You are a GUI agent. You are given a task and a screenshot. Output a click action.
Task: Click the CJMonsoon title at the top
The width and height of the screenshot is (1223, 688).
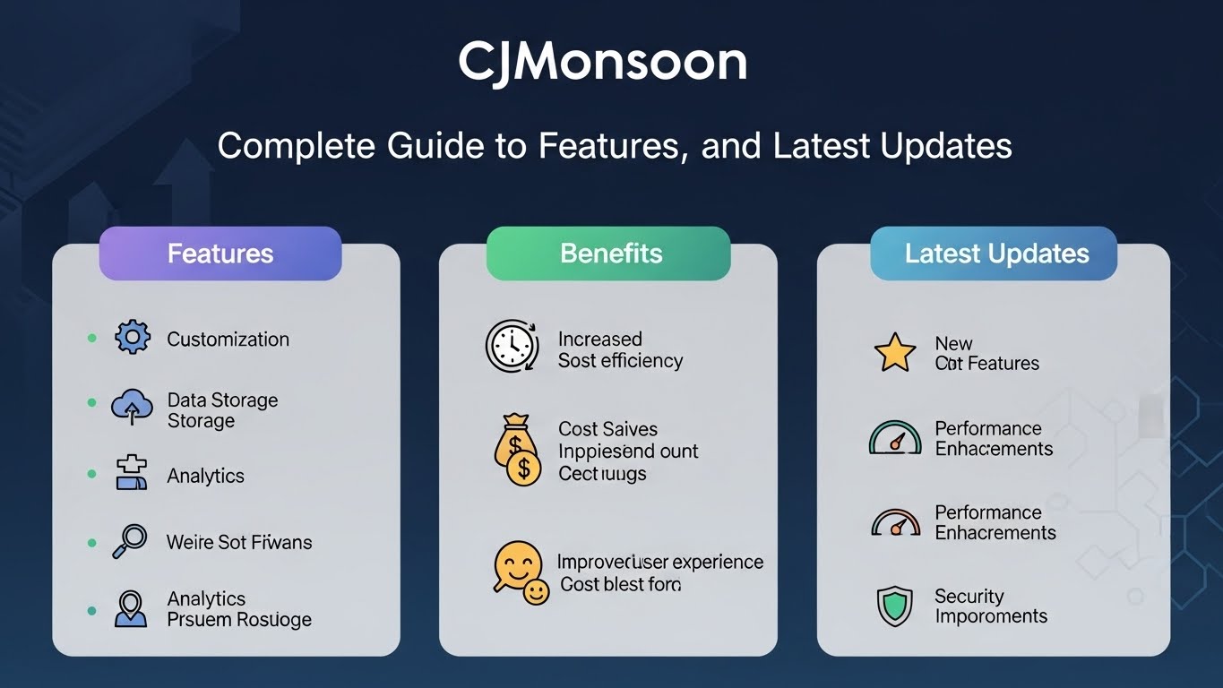click(x=602, y=63)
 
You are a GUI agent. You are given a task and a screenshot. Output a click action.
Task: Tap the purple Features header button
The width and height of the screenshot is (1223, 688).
click(x=220, y=254)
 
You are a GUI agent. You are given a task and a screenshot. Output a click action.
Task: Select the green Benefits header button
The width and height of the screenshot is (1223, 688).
click(x=609, y=254)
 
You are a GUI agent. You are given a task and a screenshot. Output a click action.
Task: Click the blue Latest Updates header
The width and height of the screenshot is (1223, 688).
click(x=995, y=254)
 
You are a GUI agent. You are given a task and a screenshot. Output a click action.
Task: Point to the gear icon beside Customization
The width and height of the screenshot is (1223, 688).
click(x=133, y=338)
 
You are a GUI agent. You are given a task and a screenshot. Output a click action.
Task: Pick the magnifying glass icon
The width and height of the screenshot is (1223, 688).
click(x=131, y=540)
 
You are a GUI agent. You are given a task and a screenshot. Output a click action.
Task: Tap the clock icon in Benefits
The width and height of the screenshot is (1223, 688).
click(x=511, y=348)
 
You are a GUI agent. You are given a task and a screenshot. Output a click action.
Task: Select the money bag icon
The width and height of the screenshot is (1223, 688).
click(x=517, y=450)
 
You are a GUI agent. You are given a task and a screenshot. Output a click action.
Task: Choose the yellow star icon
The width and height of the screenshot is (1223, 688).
click(x=895, y=352)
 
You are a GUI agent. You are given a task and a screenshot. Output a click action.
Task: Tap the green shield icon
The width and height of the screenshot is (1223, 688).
click(x=894, y=606)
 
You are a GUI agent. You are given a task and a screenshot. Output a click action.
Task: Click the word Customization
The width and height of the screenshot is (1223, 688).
click(x=228, y=340)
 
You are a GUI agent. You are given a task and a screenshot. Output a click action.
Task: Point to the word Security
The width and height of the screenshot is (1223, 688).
click(x=969, y=597)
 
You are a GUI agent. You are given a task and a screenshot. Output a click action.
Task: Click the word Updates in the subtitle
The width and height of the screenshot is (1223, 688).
click(x=953, y=145)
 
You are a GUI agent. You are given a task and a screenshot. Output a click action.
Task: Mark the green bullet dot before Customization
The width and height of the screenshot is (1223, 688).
click(x=91, y=338)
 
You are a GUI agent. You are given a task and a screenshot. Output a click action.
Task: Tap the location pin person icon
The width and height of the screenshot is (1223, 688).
click(x=131, y=608)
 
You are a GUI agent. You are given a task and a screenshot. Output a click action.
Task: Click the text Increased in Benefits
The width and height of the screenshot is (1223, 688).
click(x=599, y=340)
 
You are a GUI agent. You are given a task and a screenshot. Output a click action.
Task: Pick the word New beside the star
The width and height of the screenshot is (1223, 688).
click(x=953, y=344)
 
